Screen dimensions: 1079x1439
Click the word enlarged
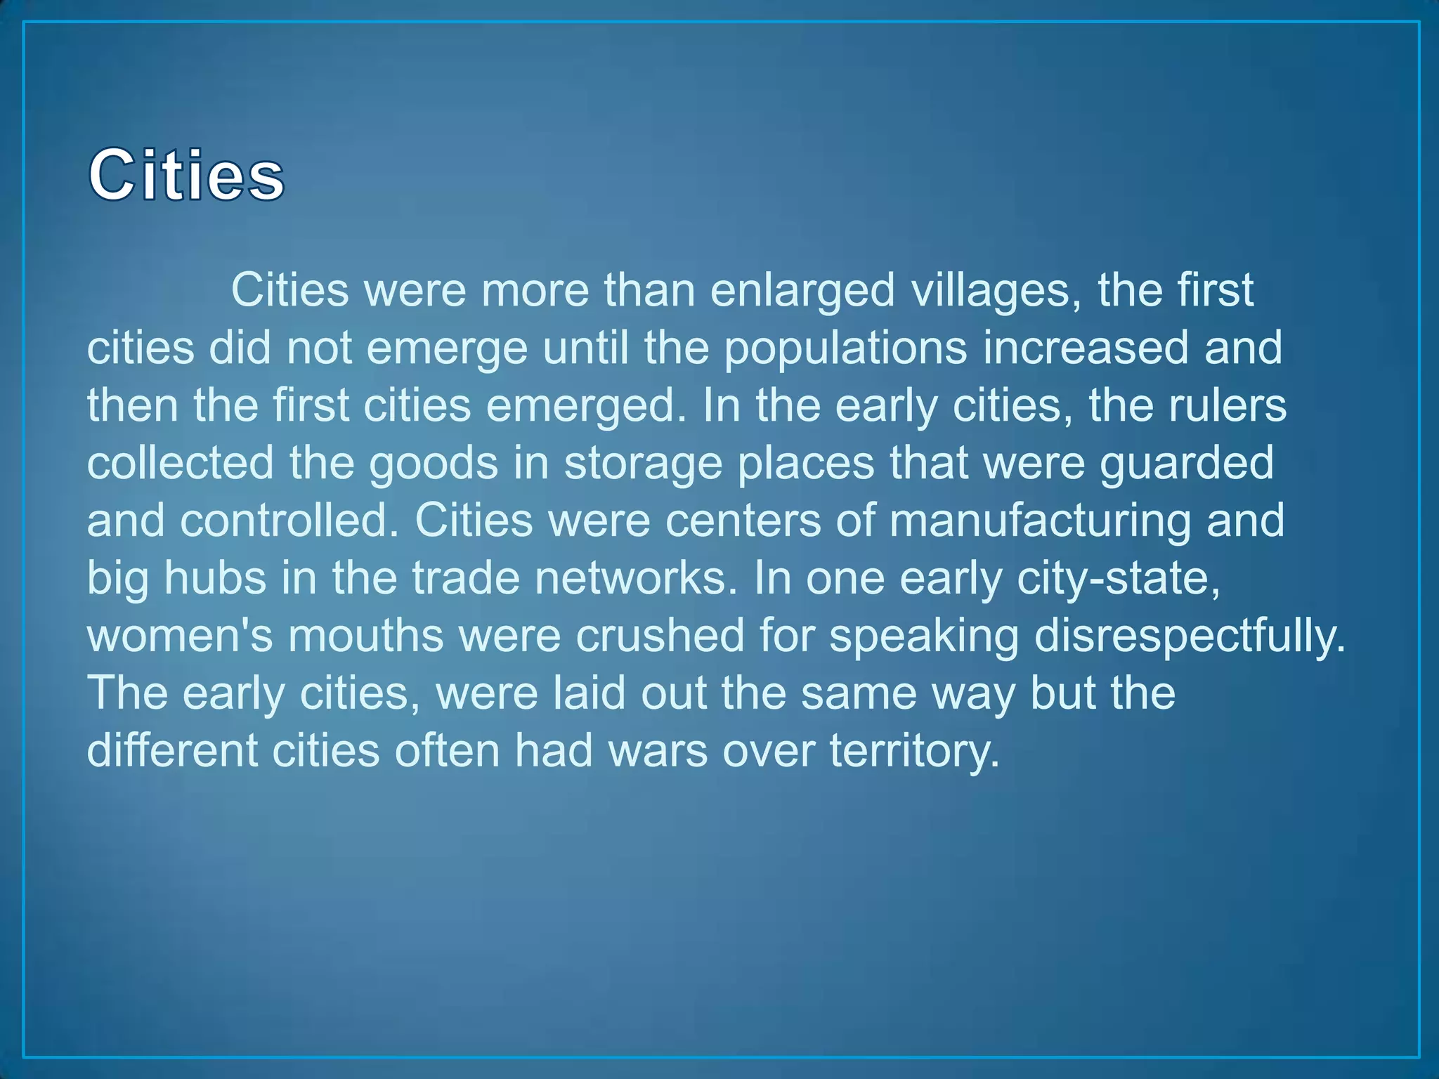click(802, 289)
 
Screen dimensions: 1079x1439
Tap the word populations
click(845, 348)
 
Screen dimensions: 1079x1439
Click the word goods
click(434, 464)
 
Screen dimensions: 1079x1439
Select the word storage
click(643, 464)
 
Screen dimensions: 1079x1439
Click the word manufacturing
click(1040, 521)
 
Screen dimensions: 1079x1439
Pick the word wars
click(658, 750)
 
